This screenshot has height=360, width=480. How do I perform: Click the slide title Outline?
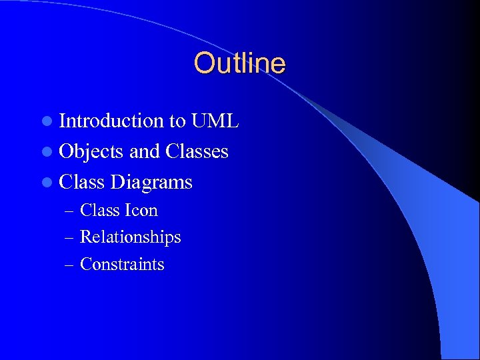coord(239,63)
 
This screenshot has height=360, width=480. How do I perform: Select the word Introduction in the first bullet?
coord(111,121)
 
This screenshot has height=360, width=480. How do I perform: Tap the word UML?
coord(215,121)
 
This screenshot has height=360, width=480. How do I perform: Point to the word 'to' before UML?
coord(177,121)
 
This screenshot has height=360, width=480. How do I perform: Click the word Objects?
coord(91,152)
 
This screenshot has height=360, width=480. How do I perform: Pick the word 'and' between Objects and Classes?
coord(144,151)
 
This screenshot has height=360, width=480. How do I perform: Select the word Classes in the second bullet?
coord(197,151)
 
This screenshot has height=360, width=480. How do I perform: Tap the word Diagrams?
coord(151,183)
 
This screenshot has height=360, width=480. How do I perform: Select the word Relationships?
coord(130,237)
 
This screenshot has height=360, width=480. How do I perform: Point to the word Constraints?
coord(121,265)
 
